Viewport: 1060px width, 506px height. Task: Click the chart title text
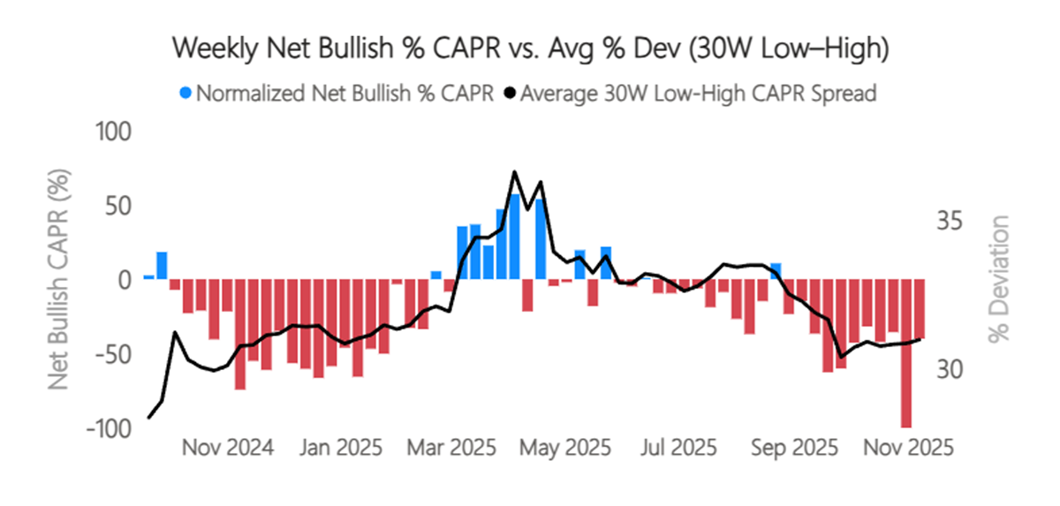click(x=529, y=49)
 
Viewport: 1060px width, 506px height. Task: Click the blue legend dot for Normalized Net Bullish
click(x=185, y=93)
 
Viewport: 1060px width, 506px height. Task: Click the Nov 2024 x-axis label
click(x=227, y=447)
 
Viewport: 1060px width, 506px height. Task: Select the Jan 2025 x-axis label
click(x=341, y=447)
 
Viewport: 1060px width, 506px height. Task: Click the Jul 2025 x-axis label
click(x=679, y=447)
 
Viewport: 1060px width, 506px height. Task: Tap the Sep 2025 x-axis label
click(x=794, y=447)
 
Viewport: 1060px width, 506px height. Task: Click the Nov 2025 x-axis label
click(x=907, y=447)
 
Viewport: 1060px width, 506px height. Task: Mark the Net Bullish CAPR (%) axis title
click(x=60, y=280)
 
